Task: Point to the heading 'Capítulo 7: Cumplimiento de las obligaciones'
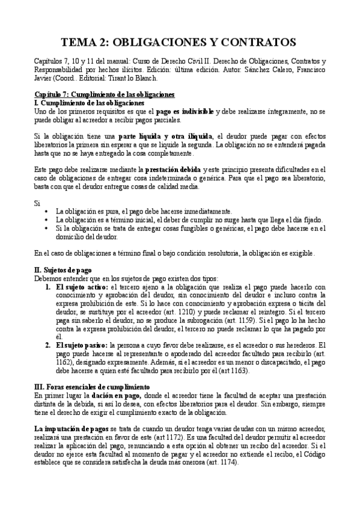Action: point(104,95)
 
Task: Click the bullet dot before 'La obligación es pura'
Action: point(47,212)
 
